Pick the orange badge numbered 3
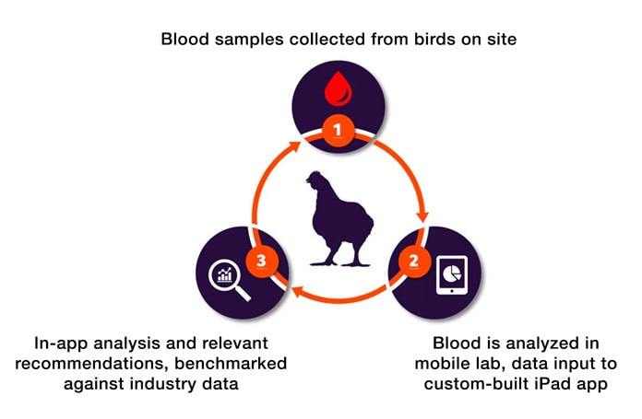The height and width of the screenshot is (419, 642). point(262,261)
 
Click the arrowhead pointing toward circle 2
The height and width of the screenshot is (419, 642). point(422,218)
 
